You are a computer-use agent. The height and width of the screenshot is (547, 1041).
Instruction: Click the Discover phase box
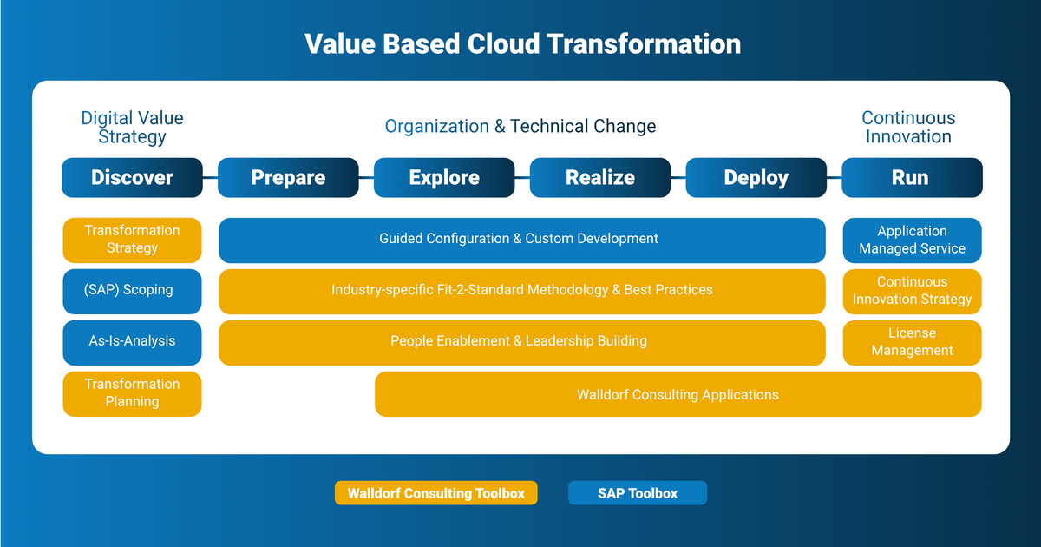click(132, 178)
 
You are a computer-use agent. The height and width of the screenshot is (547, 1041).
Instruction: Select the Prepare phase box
click(288, 178)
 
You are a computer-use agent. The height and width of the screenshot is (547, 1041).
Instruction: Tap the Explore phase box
click(444, 178)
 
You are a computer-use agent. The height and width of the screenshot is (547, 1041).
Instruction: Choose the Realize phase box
click(600, 178)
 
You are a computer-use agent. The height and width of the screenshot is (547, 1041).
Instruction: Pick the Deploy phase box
click(756, 178)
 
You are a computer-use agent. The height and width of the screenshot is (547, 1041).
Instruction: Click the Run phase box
click(912, 178)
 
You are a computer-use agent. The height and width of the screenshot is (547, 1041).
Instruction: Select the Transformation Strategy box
click(132, 240)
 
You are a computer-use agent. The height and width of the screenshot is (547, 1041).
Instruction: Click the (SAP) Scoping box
click(132, 291)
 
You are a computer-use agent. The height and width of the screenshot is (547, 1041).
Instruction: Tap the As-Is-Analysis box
click(132, 342)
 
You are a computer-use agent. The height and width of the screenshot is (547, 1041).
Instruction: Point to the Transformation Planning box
click(132, 393)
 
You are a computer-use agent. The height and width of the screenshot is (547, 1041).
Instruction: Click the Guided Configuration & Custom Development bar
click(521, 240)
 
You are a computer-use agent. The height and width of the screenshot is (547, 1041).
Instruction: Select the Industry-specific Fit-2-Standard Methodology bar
click(521, 291)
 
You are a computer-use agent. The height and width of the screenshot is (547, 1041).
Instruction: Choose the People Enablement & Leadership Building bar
click(521, 342)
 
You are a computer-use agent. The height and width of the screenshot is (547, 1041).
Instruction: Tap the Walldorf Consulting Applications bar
click(678, 394)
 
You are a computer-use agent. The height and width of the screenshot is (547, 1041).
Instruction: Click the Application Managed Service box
click(912, 240)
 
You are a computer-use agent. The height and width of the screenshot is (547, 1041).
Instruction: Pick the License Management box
click(912, 342)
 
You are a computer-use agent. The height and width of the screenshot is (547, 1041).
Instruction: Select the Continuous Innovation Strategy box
click(912, 291)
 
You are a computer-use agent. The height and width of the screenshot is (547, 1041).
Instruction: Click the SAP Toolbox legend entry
click(638, 493)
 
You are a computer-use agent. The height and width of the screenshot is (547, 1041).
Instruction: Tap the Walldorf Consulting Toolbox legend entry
click(435, 493)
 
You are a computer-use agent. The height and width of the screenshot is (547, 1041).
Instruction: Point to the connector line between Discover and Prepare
click(210, 177)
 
